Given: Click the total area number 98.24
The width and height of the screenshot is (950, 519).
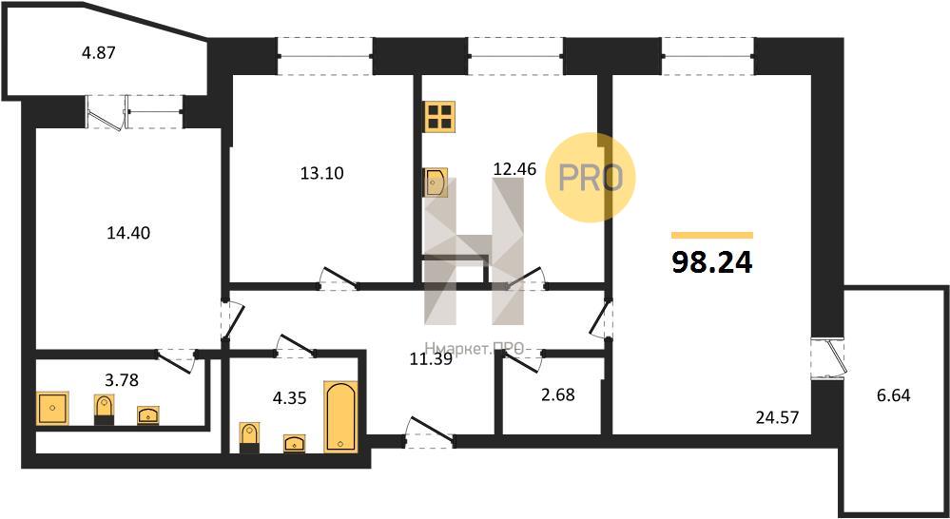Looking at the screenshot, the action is pyautogui.click(x=712, y=262).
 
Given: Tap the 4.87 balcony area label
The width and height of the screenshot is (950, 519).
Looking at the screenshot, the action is pyautogui.click(x=98, y=52).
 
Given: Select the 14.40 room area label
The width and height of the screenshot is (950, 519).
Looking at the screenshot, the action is pyautogui.click(x=128, y=232).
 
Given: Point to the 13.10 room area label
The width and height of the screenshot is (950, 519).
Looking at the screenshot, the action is pyautogui.click(x=321, y=173).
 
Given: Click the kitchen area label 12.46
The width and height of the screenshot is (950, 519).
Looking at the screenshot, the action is pyautogui.click(x=515, y=169).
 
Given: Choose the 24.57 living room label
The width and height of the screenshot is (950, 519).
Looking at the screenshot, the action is pyautogui.click(x=779, y=416).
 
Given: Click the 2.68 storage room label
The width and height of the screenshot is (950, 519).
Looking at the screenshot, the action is pyautogui.click(x=557, y=395).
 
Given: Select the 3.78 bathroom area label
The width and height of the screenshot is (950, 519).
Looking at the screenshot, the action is pyautogui.click(x=121, y=380).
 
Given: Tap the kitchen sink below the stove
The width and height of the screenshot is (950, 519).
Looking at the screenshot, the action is pyautogui.click(x=436, y=183).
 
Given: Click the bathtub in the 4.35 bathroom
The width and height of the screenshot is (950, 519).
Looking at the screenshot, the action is pyautogui.click(x=340, y=416).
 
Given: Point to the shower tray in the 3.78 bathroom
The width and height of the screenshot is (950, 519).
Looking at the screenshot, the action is pyautogui.click(x=52, y=408).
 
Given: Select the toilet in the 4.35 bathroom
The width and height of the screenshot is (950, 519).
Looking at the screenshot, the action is pyautogui.click(x=249, y=438).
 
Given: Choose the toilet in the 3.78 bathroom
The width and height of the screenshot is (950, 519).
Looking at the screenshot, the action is pyautogui.click(x=105, y=410).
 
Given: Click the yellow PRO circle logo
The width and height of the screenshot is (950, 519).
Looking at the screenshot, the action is pyautogui.click(x=591, y=178).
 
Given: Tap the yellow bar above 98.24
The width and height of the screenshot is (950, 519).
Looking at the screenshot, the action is pyautogui.click(x=712, y=235).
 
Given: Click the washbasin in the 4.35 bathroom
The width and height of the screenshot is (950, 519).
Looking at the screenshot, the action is pyautogui.click(x=295, y=444).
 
